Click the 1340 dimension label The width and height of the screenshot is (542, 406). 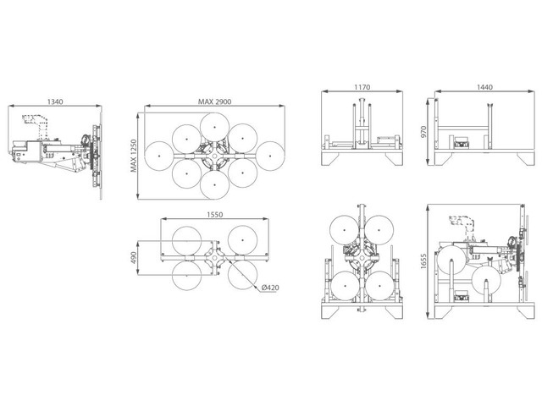(55, 101)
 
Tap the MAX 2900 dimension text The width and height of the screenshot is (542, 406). (214, 101)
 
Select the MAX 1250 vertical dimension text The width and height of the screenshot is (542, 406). (134, 156)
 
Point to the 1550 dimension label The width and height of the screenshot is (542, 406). (214, 214)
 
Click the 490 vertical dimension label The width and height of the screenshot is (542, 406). (134, 257)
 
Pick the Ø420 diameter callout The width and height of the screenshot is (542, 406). (270, 288)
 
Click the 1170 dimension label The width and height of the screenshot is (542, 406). (362, 87)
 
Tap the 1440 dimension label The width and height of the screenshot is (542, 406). (484, 87)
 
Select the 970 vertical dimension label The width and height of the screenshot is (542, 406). (423, 132)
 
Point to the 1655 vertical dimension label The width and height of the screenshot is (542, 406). (423, 261)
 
